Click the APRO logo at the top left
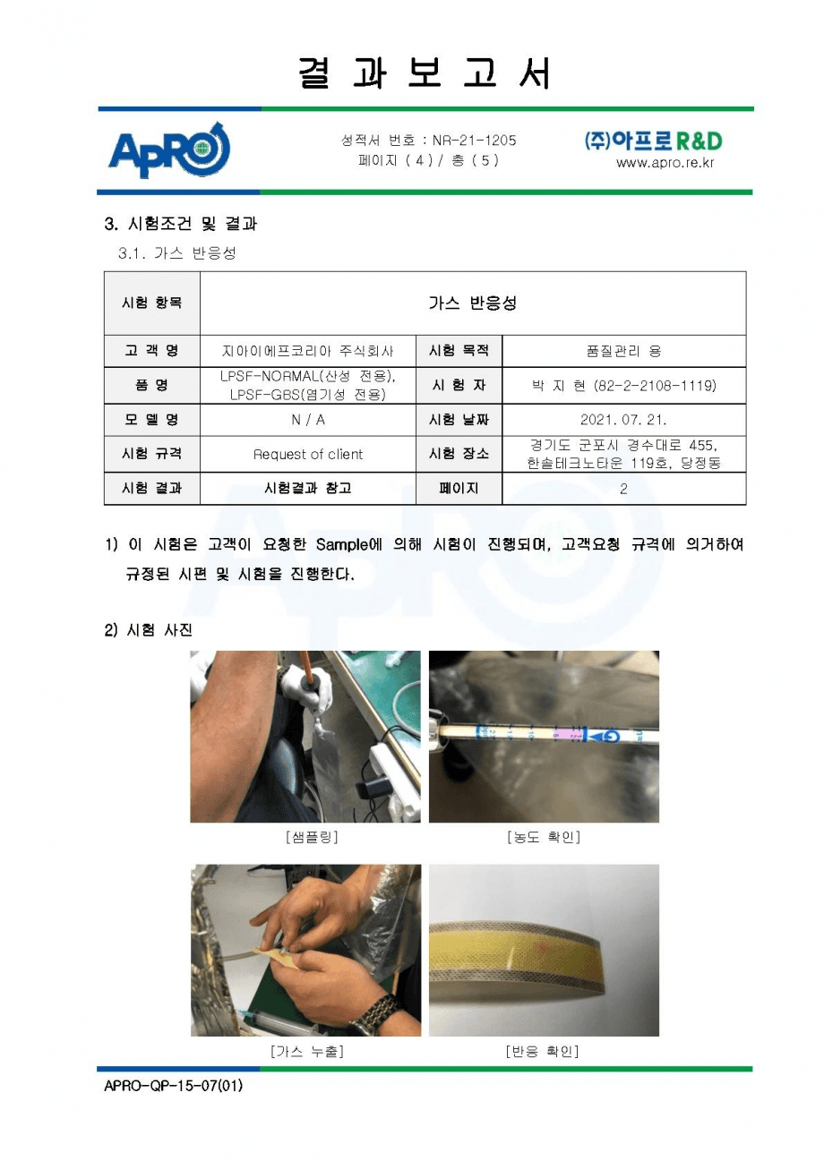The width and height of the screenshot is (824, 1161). [x=168, y=149]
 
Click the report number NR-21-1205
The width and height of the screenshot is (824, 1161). [x=474, y=141]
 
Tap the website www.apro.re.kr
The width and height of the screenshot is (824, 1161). [x=665, y=163]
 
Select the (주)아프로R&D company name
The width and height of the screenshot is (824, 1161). [x=653, y=141]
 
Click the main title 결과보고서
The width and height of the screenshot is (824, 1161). [x=425, y=73]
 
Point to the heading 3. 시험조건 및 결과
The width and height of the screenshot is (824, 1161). [x=180, y=224]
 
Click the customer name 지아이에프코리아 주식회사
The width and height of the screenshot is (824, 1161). [x=307, y=352]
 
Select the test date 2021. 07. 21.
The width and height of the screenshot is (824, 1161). [x=623, y=419]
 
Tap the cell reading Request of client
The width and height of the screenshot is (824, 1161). [x=307, y=454]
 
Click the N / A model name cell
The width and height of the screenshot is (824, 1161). [x=308, y=420]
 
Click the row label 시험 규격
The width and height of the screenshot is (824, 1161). [x=151, y=454]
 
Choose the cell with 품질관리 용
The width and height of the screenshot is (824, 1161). [x=623, y=352]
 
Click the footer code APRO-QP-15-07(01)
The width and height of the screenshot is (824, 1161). [x=173, y=1085]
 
